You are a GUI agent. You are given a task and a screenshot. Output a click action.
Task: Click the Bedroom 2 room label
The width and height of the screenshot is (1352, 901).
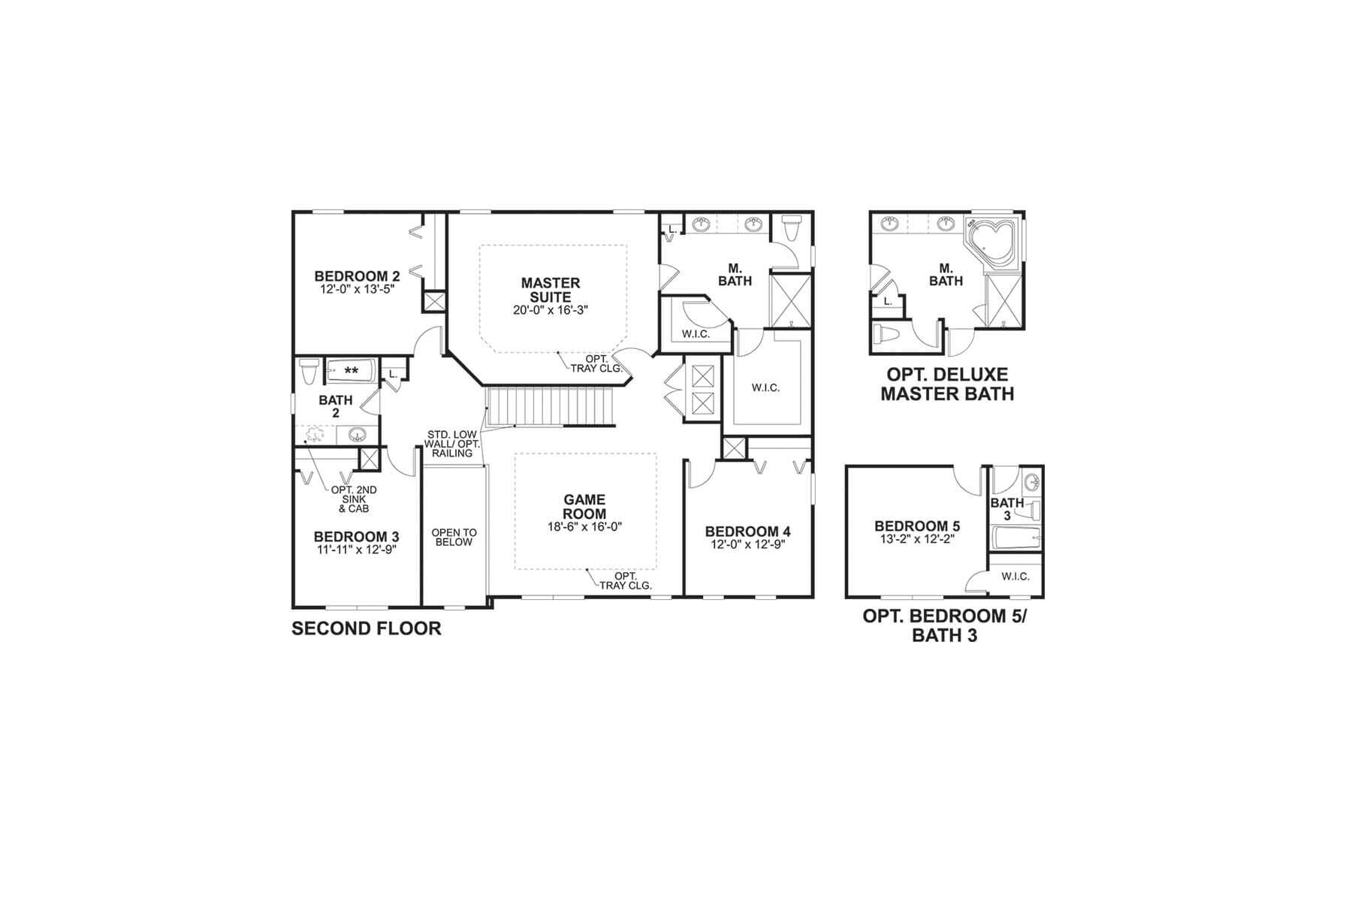(357, 276)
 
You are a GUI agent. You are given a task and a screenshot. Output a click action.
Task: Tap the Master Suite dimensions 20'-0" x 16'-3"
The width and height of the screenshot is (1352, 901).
(551, 309)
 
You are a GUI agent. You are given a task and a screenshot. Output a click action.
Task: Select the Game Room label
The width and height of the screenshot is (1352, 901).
(585, 507)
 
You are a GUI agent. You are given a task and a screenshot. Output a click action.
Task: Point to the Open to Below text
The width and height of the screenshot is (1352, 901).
(454, 538)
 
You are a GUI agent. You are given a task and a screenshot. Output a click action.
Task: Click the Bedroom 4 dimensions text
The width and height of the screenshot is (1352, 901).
(747, 545)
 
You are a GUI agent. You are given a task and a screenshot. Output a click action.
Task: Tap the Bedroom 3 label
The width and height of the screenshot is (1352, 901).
(356, 537)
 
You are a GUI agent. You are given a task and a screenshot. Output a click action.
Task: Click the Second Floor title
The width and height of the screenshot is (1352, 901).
(367, 628)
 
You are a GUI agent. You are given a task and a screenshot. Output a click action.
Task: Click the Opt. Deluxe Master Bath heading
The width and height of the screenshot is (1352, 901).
(947, 384)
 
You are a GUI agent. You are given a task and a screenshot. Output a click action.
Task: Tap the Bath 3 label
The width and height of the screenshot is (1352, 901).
(1007, 509)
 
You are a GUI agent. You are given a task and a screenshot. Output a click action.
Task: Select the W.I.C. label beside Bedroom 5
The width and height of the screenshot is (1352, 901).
(1016, 577)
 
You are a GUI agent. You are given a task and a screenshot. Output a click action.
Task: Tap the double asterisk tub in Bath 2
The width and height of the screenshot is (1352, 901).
(351, 371)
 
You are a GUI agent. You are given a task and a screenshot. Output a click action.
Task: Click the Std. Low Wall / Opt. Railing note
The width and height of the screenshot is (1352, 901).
(452, 444)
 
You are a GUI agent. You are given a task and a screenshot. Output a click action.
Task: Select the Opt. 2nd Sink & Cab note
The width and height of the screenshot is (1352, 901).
(354, 499)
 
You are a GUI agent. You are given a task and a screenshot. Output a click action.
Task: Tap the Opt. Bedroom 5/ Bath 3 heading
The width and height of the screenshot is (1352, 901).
(945, 625)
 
